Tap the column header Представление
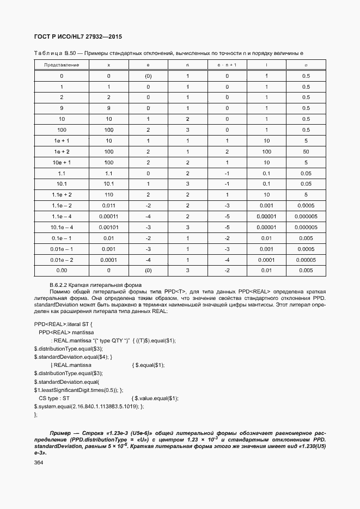click(x=62, y=65)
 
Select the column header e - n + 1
click(x=227, y=65)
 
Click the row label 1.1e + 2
click(x=62, y=194)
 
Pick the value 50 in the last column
click(x=306, y=151)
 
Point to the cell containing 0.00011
click(x=109, y=216)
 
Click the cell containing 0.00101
click(x=109, y=227)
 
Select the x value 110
click(x=109, y=194)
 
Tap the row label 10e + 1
click(x=62, y=162)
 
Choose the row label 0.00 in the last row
click(x=62, y=270)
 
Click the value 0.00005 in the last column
click(x=306, y=259)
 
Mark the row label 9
click(x=62, y=108)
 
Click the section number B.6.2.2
click(x=58, y=285)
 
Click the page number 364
click(x=38, y=462)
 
